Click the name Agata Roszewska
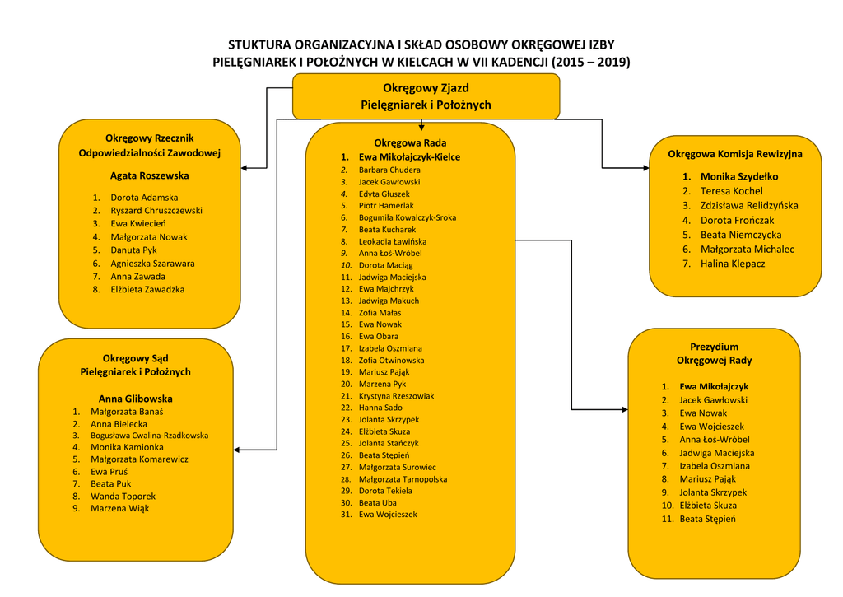click(x=149, y=175)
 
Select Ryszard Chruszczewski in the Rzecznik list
click(x=156, y=211)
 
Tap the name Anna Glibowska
click(x=136, y=399)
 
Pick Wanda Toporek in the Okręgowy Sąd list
click(x=123, y=497)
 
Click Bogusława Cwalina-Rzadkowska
click(x=149, y=436)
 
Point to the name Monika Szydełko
click(x=738, y=176)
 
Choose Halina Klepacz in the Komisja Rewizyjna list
click(x=733, y=264)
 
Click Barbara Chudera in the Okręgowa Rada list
click(x=389, y=170)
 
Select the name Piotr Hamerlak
click(x=386, y=205)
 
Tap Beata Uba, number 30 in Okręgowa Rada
click(x=377, y=502)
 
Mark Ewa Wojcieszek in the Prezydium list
click(x=711, y=427)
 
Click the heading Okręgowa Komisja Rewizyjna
click(x=734, y=154)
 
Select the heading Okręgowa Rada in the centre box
click(x=410, y=142)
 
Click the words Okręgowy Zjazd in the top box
click(x=426, y=88)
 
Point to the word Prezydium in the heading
click(x=714, y=347)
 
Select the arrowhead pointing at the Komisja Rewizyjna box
click(x=645, y=168)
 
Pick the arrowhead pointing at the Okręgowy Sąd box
click(x=239, y=450)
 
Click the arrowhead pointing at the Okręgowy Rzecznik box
click(x=245, y=168)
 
